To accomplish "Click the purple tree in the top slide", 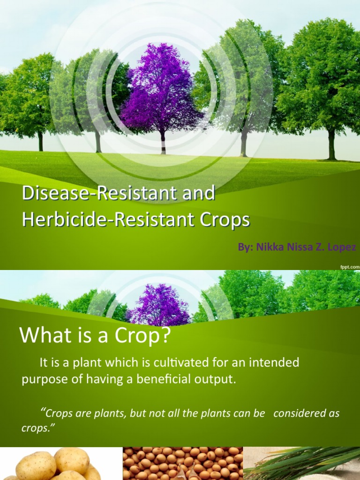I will pyautogui.click(x=161, y=89).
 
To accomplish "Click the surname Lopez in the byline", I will pyautogui.click(x=342, y=247).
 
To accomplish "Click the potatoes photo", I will pyautogui.click(x=56, y=464).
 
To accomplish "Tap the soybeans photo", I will pyautogui.click(x=183, y=464).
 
